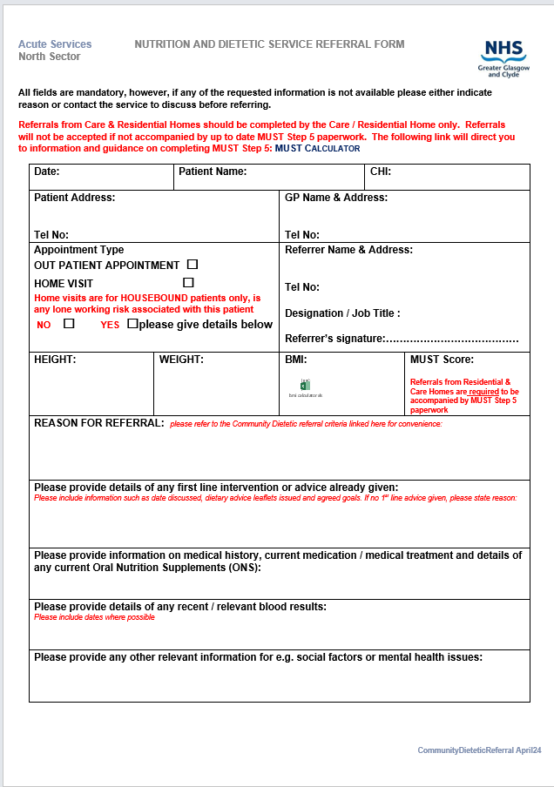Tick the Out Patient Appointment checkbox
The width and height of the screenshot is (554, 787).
coord(193,264)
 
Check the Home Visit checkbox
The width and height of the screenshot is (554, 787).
coord(188,282)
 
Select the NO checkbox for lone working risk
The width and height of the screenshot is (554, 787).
coord(69,323)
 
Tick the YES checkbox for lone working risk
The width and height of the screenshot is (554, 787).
coord(132,323)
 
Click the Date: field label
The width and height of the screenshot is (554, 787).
coord(47,172)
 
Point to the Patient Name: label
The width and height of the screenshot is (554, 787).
coord(213,172)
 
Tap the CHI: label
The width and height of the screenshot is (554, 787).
coord(381,172)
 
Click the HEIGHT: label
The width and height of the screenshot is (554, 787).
coord(55,359)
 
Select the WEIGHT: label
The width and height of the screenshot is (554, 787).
coord(181,359)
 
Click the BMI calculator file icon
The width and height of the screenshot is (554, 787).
coord(306,385)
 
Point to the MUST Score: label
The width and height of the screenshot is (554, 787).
coord(443,359)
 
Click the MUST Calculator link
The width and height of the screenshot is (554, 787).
coord(317,148)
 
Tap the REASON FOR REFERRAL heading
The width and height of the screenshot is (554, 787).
coord(98,422)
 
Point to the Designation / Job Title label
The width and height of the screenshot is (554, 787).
coord(342,313)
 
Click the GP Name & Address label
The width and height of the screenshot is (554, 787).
coord(336,198)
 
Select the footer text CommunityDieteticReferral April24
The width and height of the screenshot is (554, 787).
coord(479,750)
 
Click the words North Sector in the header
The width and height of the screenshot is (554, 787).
coord(49,57)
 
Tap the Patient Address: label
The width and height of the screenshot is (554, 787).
coord(74,198)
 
